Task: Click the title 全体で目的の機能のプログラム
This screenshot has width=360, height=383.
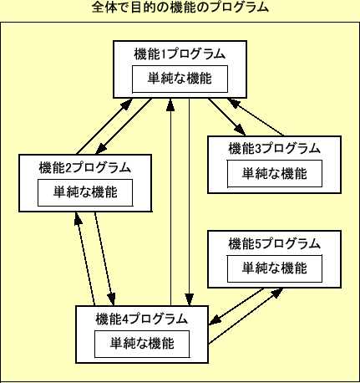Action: click(180, 8)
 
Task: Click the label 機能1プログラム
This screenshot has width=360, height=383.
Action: click(180, 54)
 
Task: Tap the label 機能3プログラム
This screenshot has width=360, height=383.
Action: click(274, 149)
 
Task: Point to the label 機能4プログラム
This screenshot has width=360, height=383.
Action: click(141, 319)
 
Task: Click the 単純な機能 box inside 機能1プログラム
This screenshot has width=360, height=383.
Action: click(180, 79)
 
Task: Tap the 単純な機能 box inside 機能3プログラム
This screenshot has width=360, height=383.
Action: click(274, 174)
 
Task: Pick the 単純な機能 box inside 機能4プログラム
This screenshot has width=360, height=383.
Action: click(141, 344)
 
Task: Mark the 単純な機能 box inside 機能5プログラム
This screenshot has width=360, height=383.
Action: click(274, 268)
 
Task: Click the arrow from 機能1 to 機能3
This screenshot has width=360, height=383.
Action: click(226, 117)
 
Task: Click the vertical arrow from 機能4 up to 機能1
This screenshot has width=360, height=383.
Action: click(171, 201)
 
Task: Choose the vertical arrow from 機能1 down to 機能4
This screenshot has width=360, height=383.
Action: click(190, 201)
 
